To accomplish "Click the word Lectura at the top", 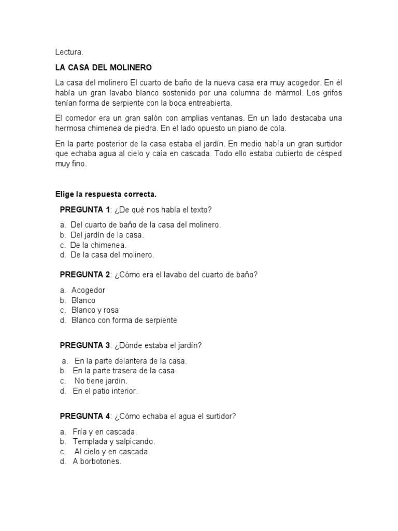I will [69, 52].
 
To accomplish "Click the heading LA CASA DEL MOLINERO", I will [104, 67].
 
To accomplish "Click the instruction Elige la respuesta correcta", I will [106, 194].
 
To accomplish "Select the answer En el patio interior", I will [105, 391].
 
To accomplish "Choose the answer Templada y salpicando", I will [113, 441].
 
